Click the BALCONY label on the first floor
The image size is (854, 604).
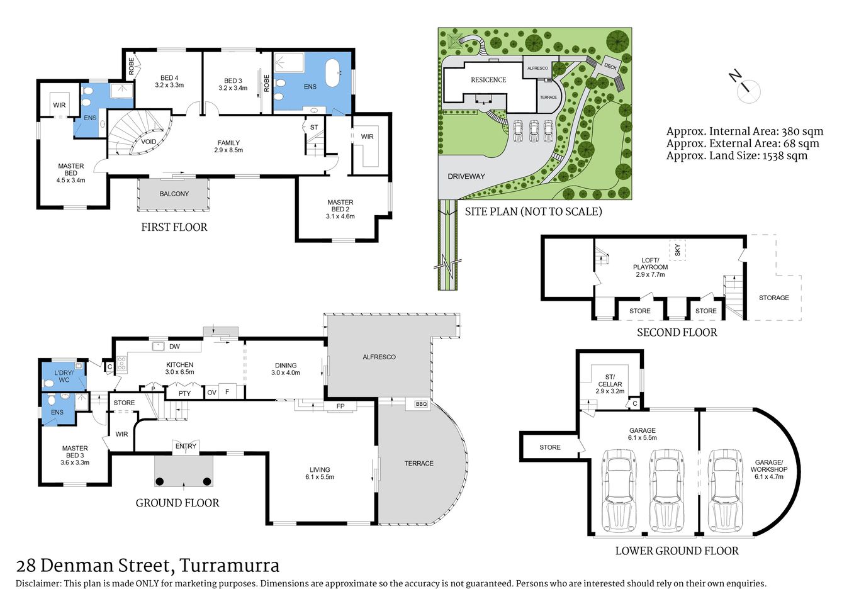tap(174, 194)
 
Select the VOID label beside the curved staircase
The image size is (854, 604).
tap(149, 142)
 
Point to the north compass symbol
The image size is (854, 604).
tap(746, 87)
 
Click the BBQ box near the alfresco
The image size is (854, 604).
tap(420, 404)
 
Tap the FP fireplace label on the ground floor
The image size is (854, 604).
tap(340, 406)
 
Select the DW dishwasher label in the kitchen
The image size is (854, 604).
tap(174, 347)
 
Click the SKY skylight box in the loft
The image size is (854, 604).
tap(677, 250)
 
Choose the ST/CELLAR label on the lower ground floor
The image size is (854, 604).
tap(610, 384)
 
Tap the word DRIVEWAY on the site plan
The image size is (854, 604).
tap(466, 176)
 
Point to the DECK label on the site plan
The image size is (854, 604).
tap(610, 65)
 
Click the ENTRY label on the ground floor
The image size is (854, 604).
tap(186, 446)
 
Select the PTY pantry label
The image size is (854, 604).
tap(184, 393)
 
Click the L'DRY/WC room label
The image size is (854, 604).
tap(64, 376)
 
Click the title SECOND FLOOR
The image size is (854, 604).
tap(677, 332)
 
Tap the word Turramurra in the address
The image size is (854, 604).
tap(229, 566)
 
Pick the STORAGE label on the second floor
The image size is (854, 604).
tap(773, 298)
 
